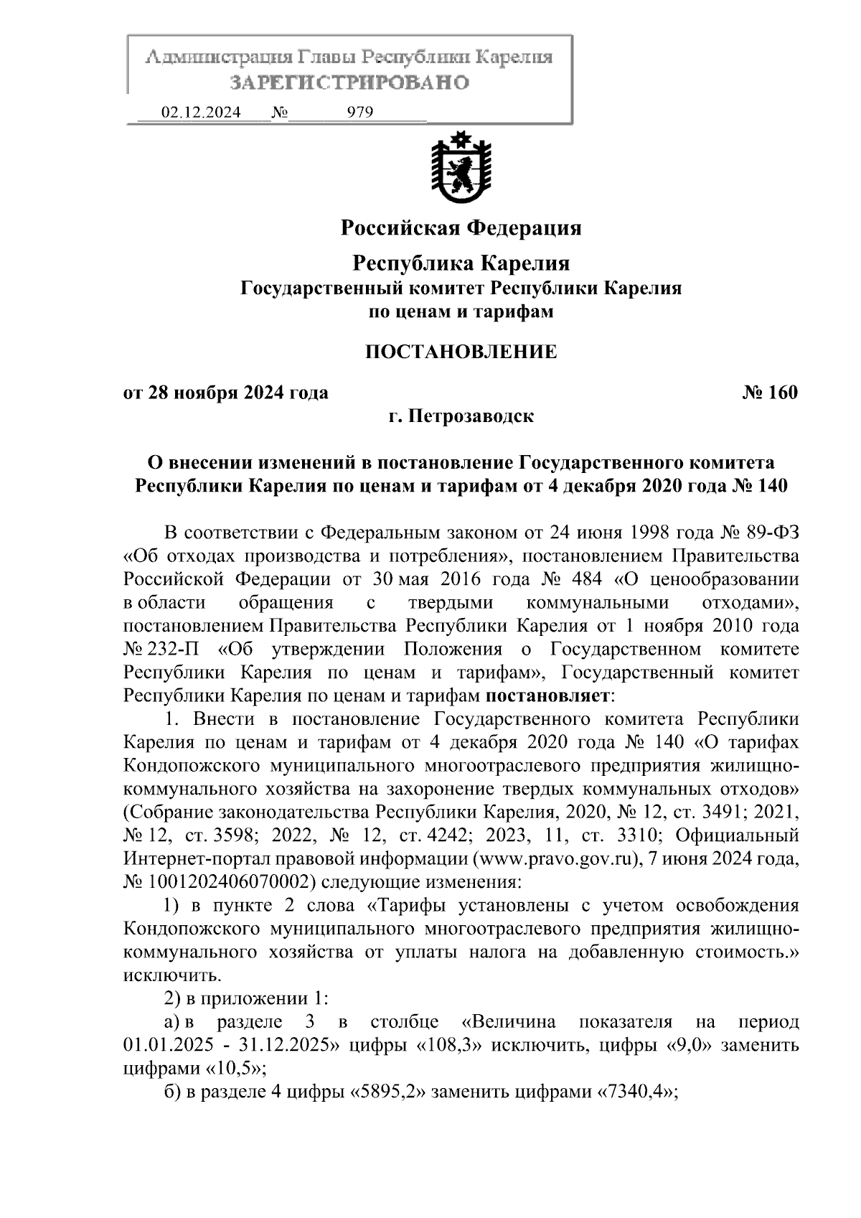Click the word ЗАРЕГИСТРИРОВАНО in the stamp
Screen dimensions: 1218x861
[349, 83]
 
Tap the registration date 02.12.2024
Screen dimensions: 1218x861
[202, 112]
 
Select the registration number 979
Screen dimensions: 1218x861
[359, 112]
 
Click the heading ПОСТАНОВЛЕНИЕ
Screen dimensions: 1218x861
[461, 352]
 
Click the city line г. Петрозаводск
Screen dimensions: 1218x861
[461, 416]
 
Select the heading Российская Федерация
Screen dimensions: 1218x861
[461, 228]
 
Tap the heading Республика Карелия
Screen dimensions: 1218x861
[461, 263]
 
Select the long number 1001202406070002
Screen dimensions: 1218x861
[220, 881]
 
